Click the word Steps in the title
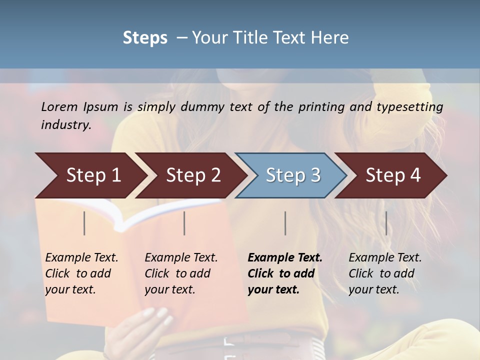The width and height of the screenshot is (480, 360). (x=145, y=38)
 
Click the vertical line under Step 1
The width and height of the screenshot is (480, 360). (x=84, y=223)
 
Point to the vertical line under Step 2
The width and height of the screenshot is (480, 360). (x=184, y=223)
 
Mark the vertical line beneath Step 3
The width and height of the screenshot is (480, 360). (x=285, y=223)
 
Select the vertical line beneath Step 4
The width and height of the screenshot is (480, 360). (x=386, y=223)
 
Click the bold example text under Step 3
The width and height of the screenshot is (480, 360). (x=284, y=273)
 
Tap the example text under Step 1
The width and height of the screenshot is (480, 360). (x=81, y=273)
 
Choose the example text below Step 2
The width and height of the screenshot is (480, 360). (x=181, y=273)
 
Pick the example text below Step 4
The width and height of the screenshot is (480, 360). (x=385, y=273)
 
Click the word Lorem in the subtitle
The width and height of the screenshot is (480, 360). (x=59, y=107)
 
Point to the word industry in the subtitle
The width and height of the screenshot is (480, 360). (x=66, y=125)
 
